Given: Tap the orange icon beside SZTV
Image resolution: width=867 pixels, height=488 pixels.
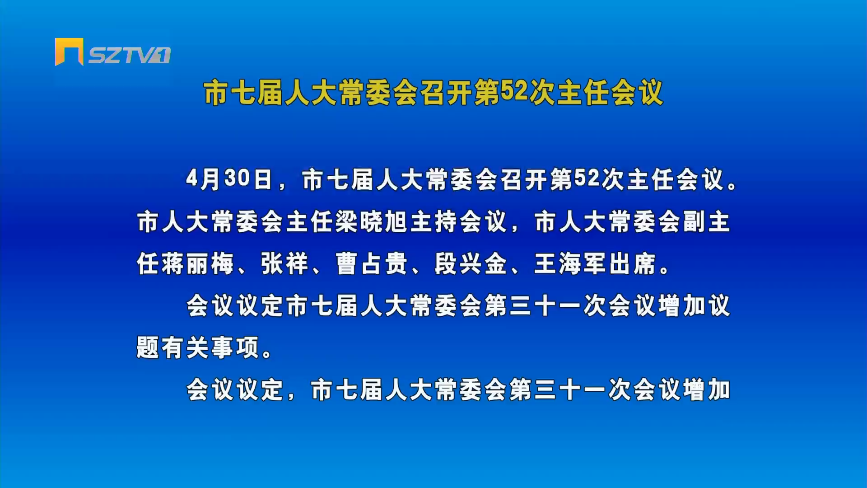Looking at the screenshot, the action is (69, 52).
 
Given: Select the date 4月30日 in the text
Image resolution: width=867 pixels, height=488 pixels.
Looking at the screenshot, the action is (229, 179).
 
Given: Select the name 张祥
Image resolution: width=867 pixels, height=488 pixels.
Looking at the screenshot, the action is (284, 263).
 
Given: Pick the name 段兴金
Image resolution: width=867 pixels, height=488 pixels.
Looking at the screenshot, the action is (471, 263).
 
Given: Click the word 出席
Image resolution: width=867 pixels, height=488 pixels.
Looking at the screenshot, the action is (632, 263).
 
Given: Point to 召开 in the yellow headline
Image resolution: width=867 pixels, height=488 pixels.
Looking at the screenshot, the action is (447, 92).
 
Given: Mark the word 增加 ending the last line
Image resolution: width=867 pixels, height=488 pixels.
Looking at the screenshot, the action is (706, 389).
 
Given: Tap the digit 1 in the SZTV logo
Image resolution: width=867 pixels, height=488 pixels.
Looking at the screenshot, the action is (163, 55).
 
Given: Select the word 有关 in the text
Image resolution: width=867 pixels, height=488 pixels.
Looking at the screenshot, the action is (185, 347).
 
